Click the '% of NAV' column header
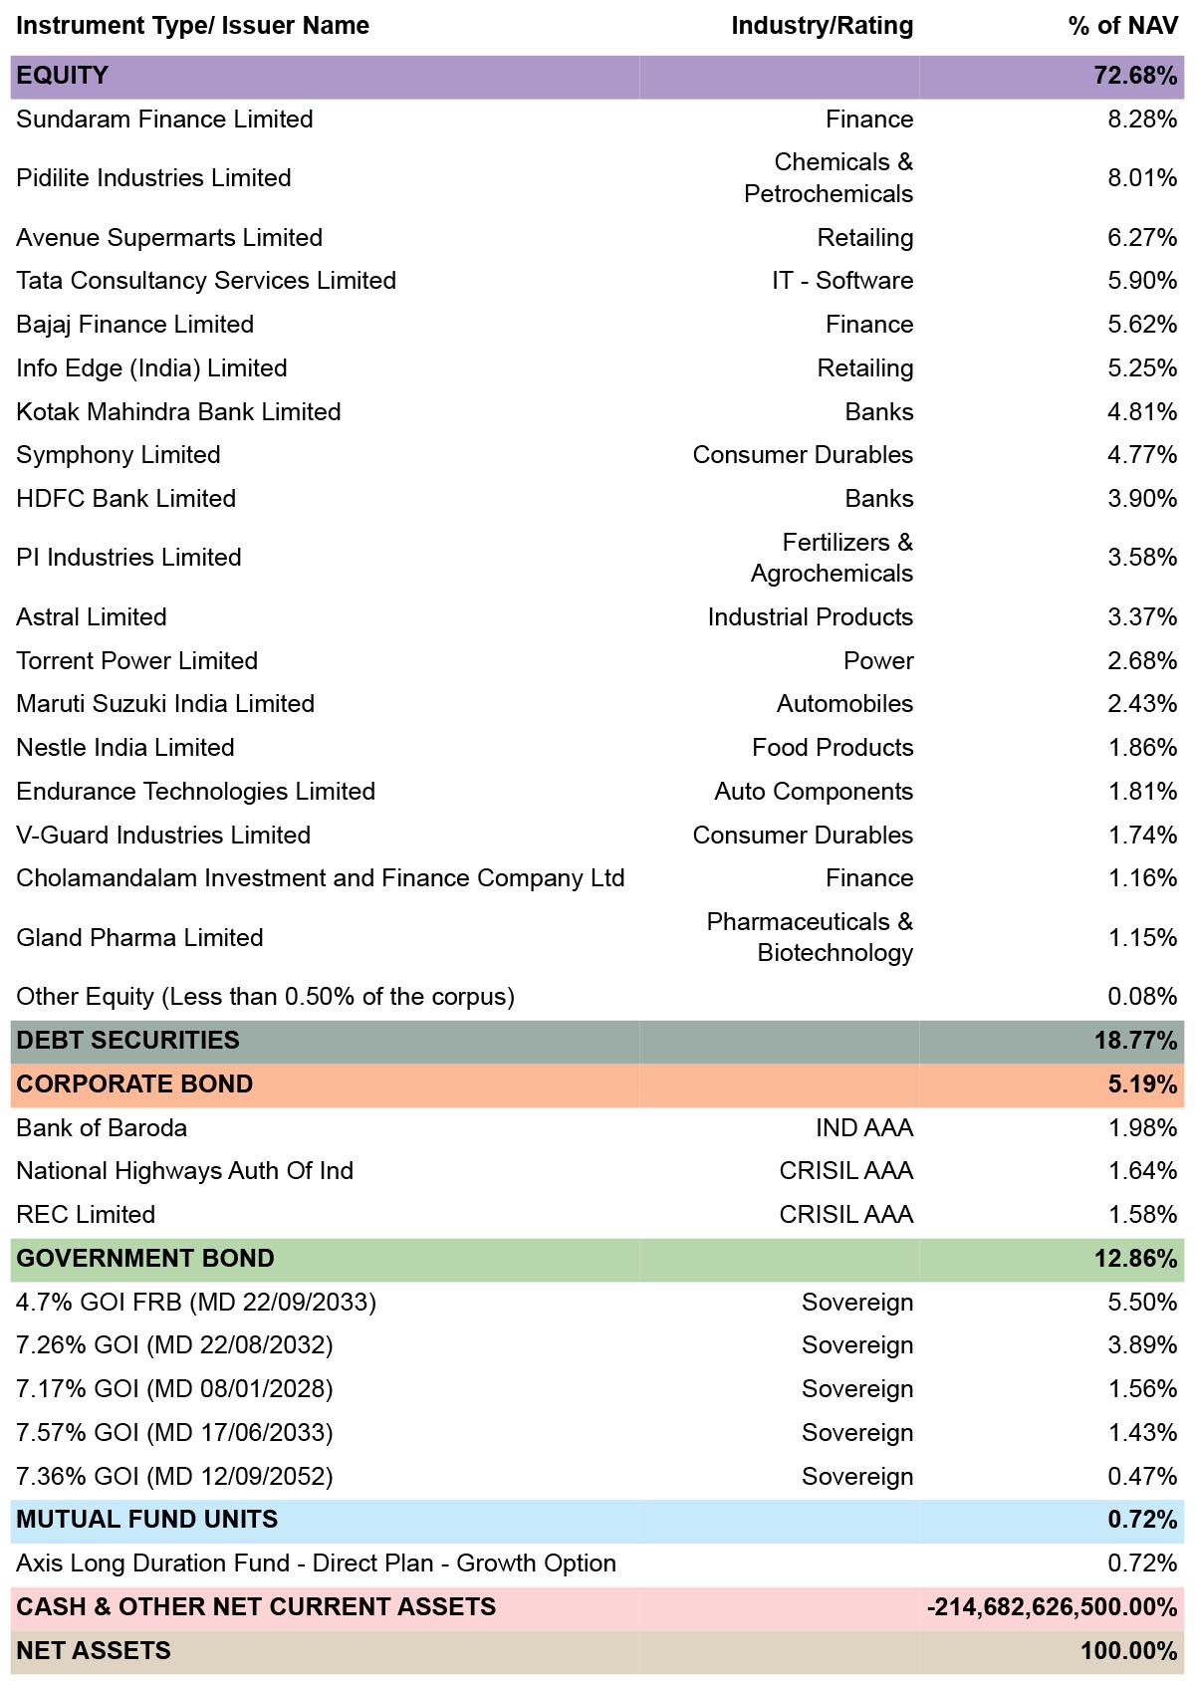pyautogui.click(x=1122, y=26)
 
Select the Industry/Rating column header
pyautogui.click(x=822, y=26)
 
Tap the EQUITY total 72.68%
pyautogui.click(x=1135, y=75)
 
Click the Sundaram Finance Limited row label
pyautogui.click(x=164, y=119)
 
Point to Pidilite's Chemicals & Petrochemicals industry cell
pyautogui.click(x=829, y=178)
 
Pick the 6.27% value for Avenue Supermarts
pyautogui.click(x=1141, y=237)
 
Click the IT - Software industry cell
pyautogui.click(x=842, y=280)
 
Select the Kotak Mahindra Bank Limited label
pyautogui.click(x=178, y=411)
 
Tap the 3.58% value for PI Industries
pyautogui.click(x=1141, y=557)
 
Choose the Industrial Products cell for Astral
pyautogui.click(x=810, y=616)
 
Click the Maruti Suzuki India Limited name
pyautogui.click(x=165, y=703)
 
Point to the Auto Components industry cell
pyautogui.click(x=814, y=791)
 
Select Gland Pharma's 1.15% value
pyautogui.click(x=1142, y=937)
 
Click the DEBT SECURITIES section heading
pyautogui.click(x=127, y=1040)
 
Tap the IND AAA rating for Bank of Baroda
pyautogui.click(x=864, y=1128)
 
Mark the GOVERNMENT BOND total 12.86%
pyautogui.click(x=1135, y=1259)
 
